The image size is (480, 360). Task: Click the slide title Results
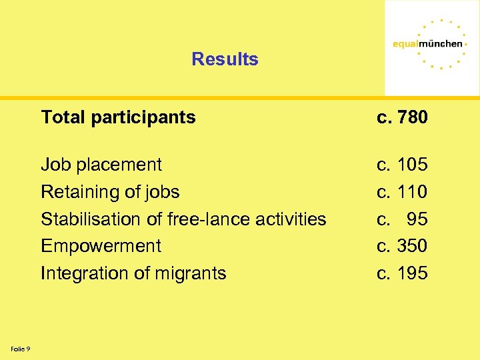point(225,59)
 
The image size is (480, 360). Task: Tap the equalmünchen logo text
point(427,44)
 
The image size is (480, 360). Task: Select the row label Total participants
point(118,117)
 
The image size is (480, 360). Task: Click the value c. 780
point(402,117)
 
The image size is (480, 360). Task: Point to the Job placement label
point(101,165)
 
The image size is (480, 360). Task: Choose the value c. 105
point(402,165)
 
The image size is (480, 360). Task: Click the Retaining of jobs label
point(110,192)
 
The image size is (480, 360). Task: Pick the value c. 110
point(402,192)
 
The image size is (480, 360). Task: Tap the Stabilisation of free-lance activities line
point(183,219)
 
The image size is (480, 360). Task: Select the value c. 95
point(402,219)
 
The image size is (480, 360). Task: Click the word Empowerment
point(101,246)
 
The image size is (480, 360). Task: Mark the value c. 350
point(402,246)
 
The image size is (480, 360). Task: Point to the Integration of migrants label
point(133,273)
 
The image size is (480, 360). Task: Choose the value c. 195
point(402,273)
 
